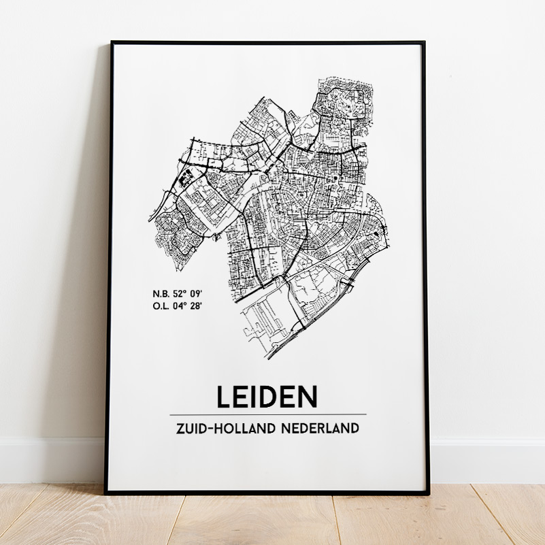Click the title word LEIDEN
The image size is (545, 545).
[267, 397]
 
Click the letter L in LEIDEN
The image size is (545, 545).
[225, 397]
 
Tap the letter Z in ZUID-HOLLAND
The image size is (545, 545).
[180, 429]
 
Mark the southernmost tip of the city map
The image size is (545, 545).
[267, 359]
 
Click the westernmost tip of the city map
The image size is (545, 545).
[150, 221]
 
